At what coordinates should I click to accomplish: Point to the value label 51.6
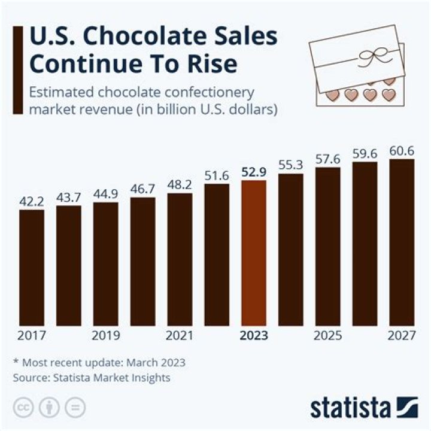pos(216,175)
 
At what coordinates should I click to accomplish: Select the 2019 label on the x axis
pos(105,336)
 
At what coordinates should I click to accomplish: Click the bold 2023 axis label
pos(253,336)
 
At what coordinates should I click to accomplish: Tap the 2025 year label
pos(327,336)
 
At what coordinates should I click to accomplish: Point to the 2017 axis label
pos(31,336)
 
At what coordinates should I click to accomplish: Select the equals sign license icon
pos(75,407)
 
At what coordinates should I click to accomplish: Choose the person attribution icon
pos(48,407)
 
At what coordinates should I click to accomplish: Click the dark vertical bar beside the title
pos(18,69)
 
